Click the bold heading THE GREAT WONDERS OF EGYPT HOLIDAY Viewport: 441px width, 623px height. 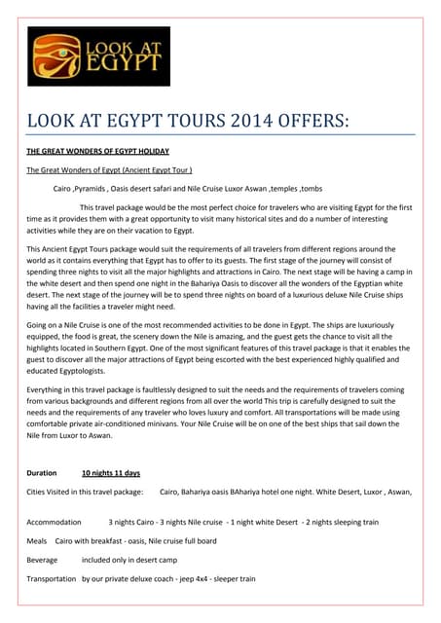98,152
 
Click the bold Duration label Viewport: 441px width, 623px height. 42,473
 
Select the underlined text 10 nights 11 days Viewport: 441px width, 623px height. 110,473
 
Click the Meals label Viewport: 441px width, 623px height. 37,540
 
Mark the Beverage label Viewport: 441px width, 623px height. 43,560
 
